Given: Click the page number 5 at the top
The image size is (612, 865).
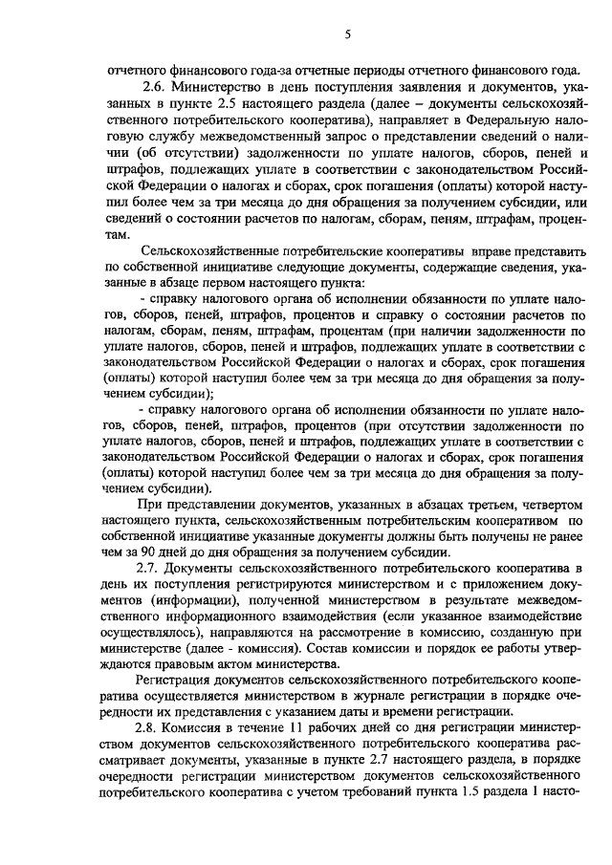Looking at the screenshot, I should [349, 34].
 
